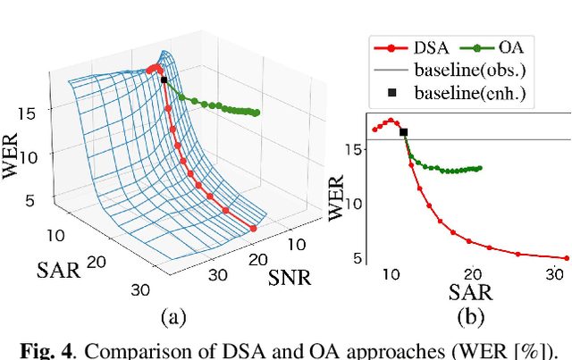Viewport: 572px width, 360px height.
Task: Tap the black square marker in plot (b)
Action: pos(403,132)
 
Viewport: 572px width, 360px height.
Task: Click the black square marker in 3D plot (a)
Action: pos(164,80)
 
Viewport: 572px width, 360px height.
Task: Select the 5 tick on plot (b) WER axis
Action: pos(357,258)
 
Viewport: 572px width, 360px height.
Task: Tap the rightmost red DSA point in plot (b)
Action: pos(566,258)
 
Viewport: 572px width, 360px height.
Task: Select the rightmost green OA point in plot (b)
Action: pos(480,168)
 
